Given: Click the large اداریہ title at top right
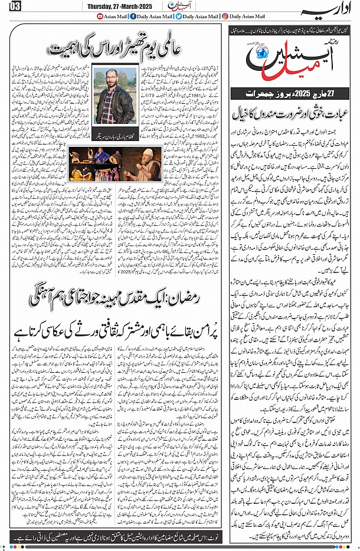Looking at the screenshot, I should tap(333, 11).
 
